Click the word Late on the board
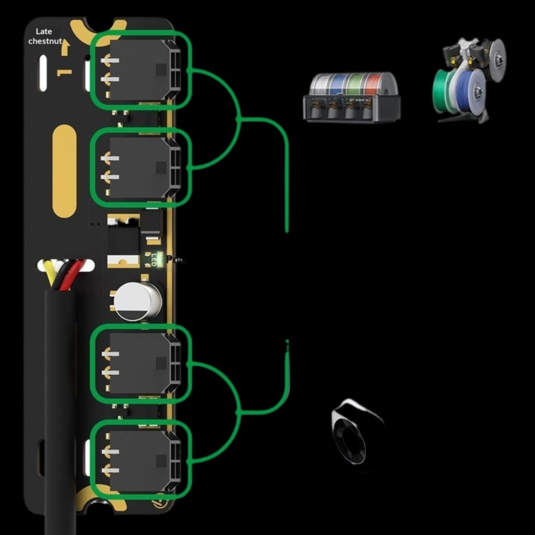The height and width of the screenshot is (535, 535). tap(44, 31)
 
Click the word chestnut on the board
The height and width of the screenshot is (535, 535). tap(45, 41)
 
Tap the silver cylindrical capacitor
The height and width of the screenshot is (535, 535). tap(137, 301)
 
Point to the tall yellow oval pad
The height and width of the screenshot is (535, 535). tap(65, 171)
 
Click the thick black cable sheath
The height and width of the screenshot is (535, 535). tap(60, 401)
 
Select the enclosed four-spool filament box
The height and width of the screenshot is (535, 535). tap(352, 97)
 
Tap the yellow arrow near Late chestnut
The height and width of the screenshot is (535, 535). tap(66, 47)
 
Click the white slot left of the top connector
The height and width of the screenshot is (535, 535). tap(43, 73)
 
